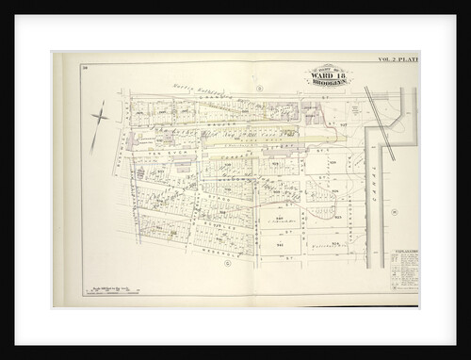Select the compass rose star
101,118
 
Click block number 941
279,241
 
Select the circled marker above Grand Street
255,88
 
